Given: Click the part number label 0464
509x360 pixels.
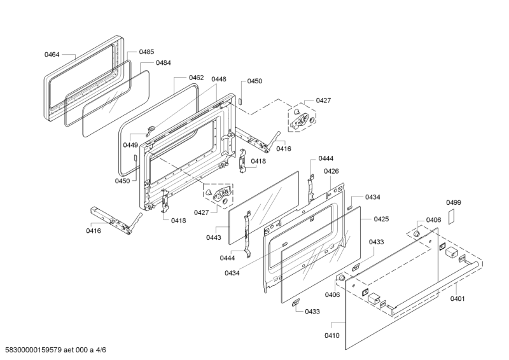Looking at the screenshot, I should (52, 55).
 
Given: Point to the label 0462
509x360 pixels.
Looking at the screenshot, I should (196, 78).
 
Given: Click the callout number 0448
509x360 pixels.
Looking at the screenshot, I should (219, 80).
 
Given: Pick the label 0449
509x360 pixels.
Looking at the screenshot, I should (130, 145).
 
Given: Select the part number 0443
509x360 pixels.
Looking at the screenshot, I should (213, 237).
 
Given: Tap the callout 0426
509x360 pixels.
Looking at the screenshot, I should (331, 171).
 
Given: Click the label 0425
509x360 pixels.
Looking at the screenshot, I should (381, 219).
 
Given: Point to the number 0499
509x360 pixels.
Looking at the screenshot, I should (453, 202).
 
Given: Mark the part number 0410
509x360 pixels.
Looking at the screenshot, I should (333, 335).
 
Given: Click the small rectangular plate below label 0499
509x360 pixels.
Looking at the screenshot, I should (452, 216).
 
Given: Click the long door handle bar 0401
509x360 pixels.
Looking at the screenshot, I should (433, 287).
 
